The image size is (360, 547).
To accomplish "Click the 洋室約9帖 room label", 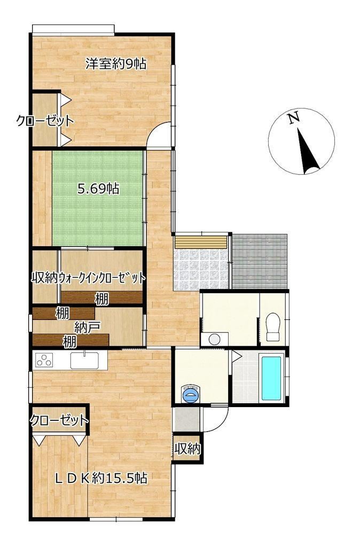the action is click(x=116, y=64).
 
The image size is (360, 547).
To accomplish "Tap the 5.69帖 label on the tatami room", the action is click(x=98, y=189).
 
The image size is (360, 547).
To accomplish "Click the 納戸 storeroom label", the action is click(x=88, y=327).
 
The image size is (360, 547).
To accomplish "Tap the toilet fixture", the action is click(x=273, y=327).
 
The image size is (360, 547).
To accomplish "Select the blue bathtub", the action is click(x=271, y=378).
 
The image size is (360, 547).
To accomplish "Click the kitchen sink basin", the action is click(x=85, y=361).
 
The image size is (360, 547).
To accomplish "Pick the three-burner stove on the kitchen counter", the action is click(x=44, y=361).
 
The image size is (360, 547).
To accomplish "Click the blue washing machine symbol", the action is click(x=192, y=394).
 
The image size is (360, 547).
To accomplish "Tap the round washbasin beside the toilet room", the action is click(x=214, y=339).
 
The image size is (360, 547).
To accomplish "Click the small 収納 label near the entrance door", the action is click(x=187, y=449).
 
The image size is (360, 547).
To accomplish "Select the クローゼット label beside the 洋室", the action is click(x=45, y=121).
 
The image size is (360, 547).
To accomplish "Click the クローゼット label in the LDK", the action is click(x=59, y=420).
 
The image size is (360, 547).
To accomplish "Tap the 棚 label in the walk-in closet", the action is click(x=102, y=299).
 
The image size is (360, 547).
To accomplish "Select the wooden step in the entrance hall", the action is click(x=201, y=242).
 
